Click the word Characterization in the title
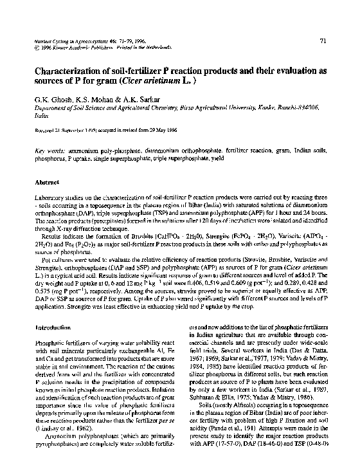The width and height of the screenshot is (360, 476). [x=72, y=72]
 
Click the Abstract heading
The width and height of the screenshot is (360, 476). [x=46, y=183]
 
